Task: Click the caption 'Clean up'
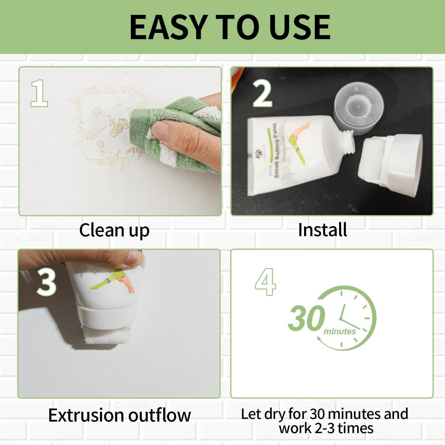114,230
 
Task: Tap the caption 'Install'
322,230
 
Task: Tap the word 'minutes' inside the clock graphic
339,331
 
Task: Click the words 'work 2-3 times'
326,428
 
